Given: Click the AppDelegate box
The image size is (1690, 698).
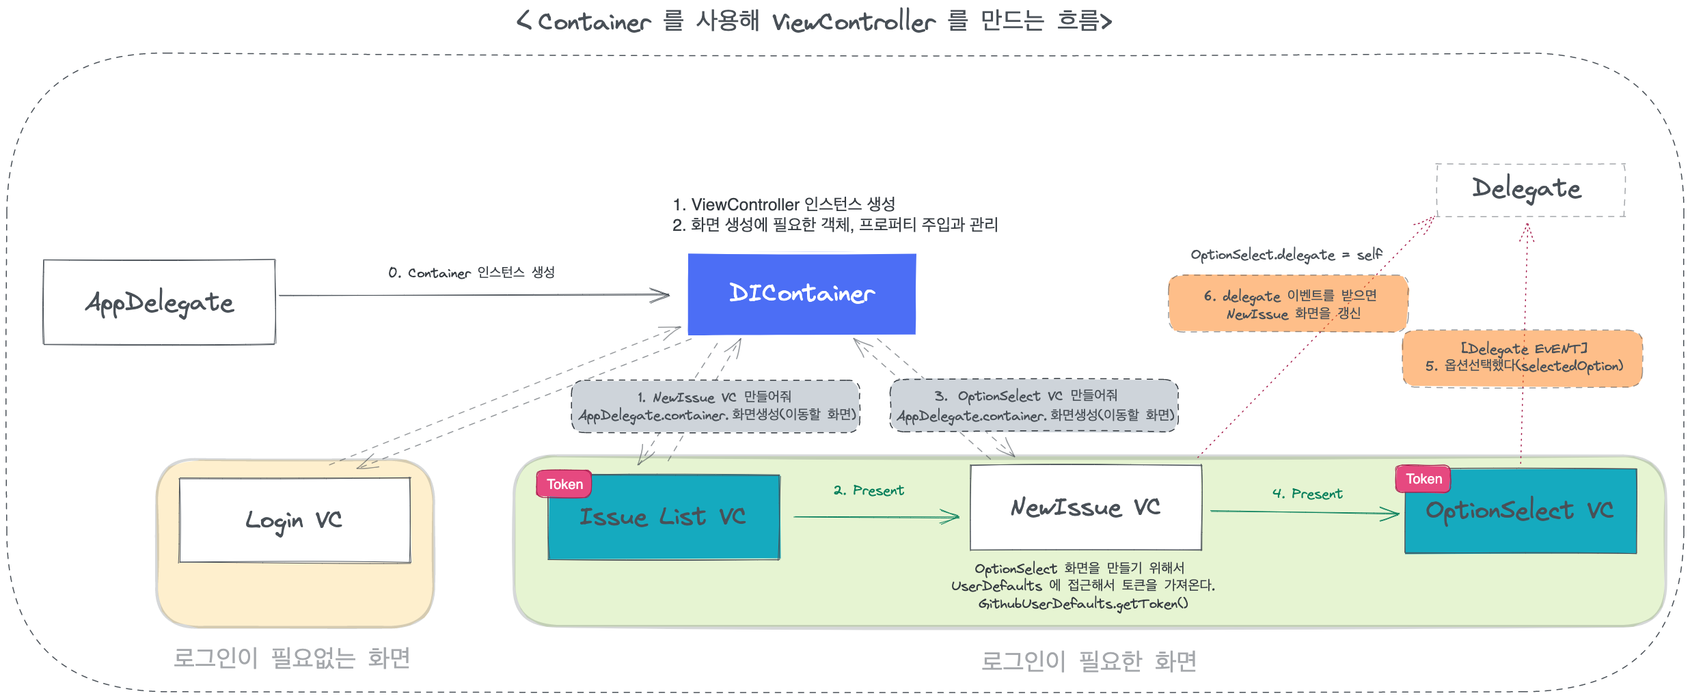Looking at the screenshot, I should [159, 302].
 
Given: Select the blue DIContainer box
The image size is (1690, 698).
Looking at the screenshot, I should [802, 294].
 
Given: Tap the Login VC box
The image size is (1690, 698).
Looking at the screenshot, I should [295, 520].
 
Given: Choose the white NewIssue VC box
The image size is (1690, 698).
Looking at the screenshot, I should [1085, 507].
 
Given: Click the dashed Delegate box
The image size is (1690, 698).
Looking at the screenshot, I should [1530, 190].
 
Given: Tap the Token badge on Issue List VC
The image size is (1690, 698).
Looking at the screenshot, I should [564, 484].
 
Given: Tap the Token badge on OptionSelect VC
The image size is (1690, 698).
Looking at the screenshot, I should [1423, 479].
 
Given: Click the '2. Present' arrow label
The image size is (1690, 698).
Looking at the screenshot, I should [869, 490].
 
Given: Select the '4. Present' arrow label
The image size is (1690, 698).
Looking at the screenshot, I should [1307, 493].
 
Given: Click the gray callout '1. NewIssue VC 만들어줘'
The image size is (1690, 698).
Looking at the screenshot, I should [715, 406].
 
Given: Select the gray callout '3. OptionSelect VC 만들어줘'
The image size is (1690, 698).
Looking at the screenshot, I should [1034, 405].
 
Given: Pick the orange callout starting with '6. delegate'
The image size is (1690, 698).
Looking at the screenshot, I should [1288, 304].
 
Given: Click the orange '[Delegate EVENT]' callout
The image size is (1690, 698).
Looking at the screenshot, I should [1523, 358].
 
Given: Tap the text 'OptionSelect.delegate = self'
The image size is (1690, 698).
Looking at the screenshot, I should [1285, 255].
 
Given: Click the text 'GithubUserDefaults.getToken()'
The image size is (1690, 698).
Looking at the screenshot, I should [1082, 604].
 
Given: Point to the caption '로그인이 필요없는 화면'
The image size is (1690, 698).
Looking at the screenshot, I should [292, 658].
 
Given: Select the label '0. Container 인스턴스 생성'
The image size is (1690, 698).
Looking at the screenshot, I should [471, 273].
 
